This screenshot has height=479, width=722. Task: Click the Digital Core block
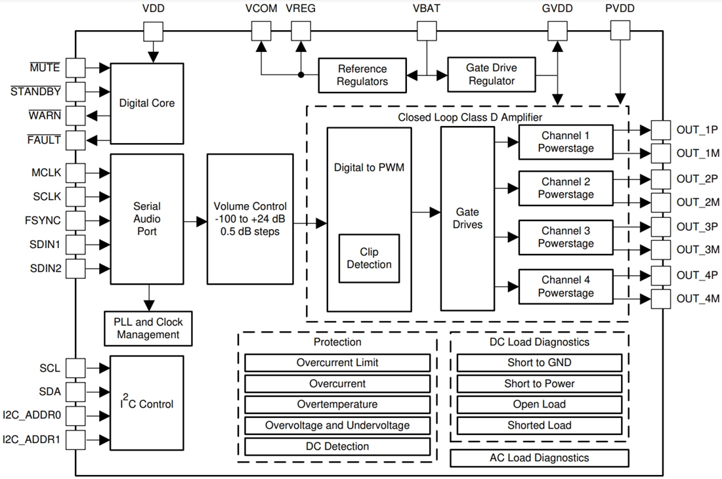(146, 103)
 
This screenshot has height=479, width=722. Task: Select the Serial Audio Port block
(146, 219)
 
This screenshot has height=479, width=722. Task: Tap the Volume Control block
(250, 219)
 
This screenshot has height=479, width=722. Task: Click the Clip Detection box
(369, 259)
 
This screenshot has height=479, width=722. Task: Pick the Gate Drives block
(467, 219)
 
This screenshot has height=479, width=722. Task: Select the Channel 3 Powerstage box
(566, 237)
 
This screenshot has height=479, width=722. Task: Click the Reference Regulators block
(362, 75)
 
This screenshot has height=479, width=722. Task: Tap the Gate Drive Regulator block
(491, 74)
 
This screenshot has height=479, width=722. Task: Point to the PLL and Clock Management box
(148, 328)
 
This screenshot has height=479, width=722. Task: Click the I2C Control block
(146, 404)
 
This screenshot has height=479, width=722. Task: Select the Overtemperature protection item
(337, 404)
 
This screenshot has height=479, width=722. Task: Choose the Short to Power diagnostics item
(539, 383)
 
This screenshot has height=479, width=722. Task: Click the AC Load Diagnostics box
(539, 458)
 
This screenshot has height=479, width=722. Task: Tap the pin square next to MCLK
(75, 173)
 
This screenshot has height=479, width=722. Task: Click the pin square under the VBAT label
(427, 30)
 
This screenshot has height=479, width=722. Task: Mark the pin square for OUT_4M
(660, 299)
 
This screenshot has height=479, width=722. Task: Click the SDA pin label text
(50, 392)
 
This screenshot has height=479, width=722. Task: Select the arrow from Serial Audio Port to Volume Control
(195, 222)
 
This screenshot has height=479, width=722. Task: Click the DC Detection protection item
(337, 446)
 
